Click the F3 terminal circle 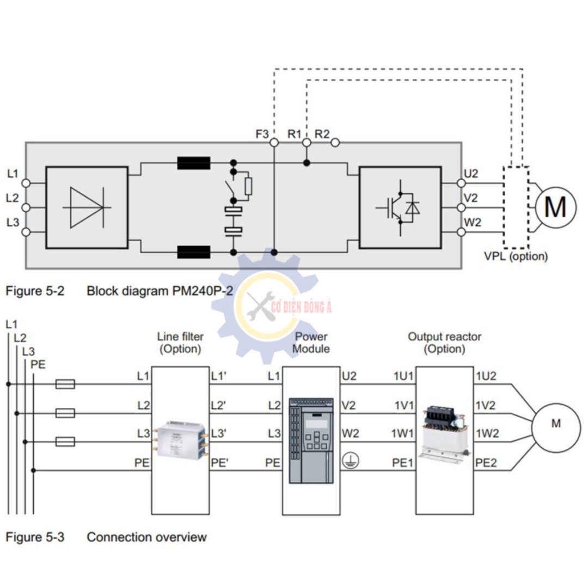[x=274, y=143]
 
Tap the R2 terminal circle [x=335, y=143]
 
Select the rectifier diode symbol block [x=87, y=207]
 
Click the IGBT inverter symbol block [x=400, y=207]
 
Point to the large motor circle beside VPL [x=555, y=207]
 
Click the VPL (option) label [x=516, y=256]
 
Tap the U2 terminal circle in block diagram [x=461, y=183]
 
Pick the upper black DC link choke [x=193, y=163]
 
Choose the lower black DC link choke [x=193, y=252]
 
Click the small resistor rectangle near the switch [x=248, y=186]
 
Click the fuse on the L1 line [x=65, y=384]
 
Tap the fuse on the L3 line [x=65, y=442]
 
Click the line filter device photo [x=180, y=439]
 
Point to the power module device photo [x=311, y=440]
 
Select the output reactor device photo [x=445, y=432]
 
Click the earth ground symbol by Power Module [x=351, y=461]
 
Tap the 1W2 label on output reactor [x=487, y=433]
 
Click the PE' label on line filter [x=219, y=463]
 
